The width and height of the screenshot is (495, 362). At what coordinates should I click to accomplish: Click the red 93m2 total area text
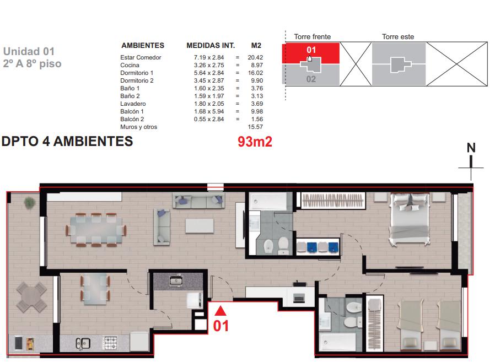255,142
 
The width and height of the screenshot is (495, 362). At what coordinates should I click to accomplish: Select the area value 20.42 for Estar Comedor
255,57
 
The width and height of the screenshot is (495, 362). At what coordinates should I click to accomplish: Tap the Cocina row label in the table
130,65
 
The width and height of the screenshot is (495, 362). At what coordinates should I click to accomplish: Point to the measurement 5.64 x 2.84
209,73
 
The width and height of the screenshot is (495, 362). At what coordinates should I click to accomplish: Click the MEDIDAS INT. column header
211,45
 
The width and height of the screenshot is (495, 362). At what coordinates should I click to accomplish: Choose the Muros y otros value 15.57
255,127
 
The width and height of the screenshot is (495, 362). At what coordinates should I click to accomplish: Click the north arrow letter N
471,148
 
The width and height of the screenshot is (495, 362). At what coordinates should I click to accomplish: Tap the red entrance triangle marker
220,311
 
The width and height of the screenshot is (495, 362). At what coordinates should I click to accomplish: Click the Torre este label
398,36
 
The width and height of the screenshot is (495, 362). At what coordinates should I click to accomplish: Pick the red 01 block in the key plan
311,52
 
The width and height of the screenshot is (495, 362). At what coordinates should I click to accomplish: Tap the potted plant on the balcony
29,203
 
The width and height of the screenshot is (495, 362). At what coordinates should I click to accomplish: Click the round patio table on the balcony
31,298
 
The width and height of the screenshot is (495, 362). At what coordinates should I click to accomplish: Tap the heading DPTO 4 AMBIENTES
67,141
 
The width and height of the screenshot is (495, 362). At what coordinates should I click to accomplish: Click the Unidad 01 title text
29,51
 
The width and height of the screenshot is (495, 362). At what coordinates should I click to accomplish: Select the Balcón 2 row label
132,119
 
